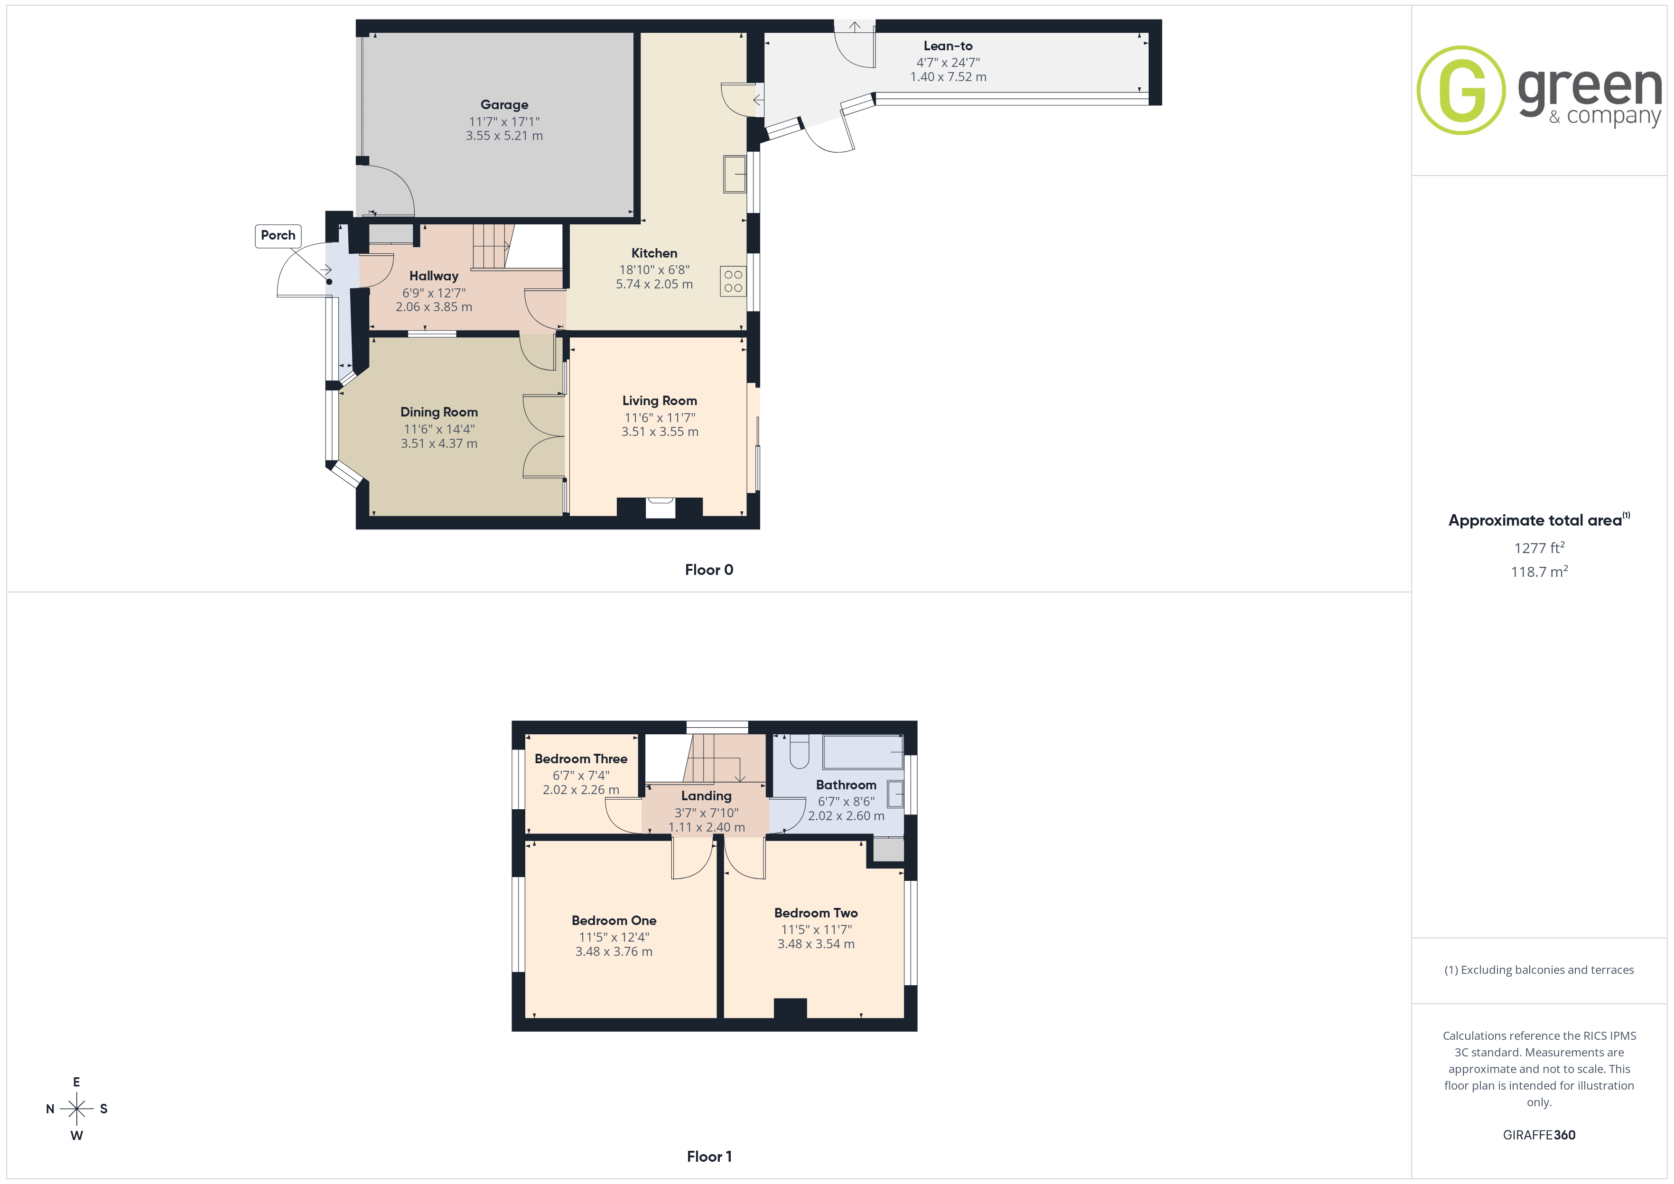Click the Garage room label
coord(504,105)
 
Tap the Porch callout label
coord(278,235)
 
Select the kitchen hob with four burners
coord(734,281)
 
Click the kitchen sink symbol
coord(735,174)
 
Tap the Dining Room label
coord(439,413)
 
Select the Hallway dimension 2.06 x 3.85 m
coord(434,307)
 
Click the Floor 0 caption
coord(709,570)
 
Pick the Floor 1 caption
coord(709,1156)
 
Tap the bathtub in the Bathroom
coord(863,752)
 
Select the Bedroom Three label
coord(581,759)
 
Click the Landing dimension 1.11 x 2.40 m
coord(707,827)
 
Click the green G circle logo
coord(1461,91)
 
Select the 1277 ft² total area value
coord(1539,547)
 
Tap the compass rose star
coord(76,1109)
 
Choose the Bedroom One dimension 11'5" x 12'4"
coord(614,938)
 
